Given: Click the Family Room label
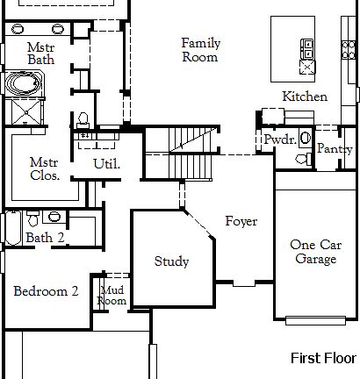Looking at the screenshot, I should coord(200,50).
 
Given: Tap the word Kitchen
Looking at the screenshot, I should coord(305,97).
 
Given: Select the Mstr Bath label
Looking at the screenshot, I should coord(41,53).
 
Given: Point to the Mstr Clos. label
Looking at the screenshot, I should coord(44,168).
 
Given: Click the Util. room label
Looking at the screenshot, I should coord(106,163).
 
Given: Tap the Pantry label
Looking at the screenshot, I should coord(334,149).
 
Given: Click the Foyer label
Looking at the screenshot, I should coord(241,221).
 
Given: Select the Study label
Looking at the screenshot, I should coord(171,261).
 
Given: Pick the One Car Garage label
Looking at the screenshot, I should coord(313,252).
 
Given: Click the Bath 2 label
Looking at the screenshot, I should coord(45,237).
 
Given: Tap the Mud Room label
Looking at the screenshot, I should coord(113,295).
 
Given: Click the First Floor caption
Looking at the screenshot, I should coord(323,358).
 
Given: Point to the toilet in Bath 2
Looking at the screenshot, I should coord(54,216).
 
